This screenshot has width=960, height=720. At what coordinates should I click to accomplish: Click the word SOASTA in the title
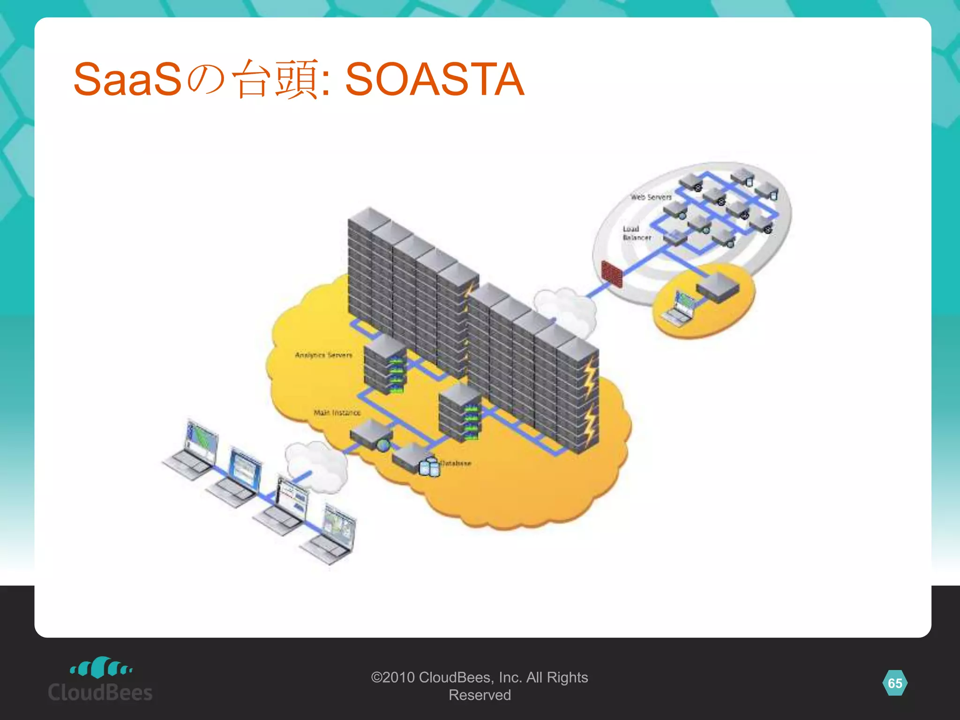pyautogui.click(x=434, y=80)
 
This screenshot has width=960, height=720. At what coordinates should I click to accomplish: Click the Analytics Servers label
pyautogui.click(x=323, y=355)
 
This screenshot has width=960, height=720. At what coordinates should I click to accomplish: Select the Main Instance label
pyautogui.click(x=337, y=412)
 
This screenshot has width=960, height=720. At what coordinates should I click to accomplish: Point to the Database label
pyautogui.click(x=456, y=463)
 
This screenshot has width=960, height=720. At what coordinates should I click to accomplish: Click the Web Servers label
pyautogui.click(x=651, y=197)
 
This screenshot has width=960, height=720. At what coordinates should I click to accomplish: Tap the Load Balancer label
pyautogui.click(x=636, y=233)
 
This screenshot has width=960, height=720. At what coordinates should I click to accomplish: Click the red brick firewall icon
pyautogui.click(x=611, y=274)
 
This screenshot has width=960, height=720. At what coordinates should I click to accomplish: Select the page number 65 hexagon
pyautogui.click(x=895, y=683)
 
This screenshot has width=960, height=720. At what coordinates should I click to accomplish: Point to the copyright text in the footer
pyautogui.click(x=480, y=686)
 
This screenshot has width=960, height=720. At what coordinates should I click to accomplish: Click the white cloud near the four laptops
pyautogui.click(x=317, y=464)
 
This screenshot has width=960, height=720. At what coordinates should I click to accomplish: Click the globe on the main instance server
pyautogui.click(x=383, y=445)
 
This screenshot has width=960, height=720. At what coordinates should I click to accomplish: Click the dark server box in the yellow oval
pyautogui.click(x=718, y=287)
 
